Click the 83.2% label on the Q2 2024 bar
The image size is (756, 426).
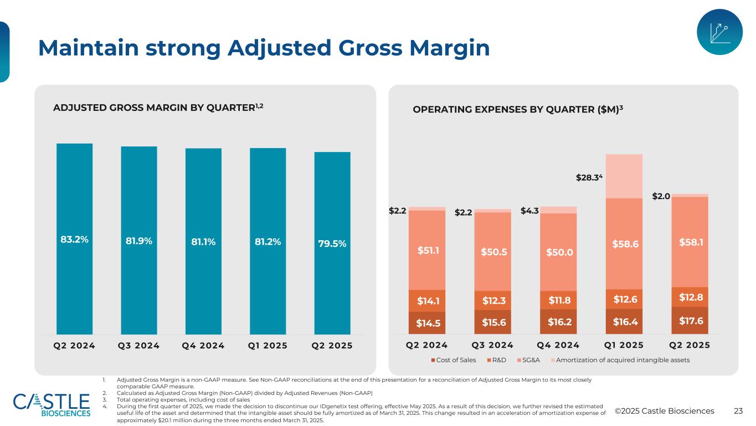(74, 240)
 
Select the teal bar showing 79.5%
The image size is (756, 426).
(332, 266)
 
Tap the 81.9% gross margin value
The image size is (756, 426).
(138, 241)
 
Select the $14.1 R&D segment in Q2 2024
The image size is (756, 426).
(427, 302)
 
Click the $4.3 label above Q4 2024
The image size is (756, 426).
(529, 211)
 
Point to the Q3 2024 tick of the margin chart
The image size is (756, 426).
(138, 345)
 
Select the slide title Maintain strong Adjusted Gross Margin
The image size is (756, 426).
(264, 48)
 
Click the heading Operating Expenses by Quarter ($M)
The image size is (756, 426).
(518, 109)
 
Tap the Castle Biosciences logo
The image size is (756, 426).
(52, 405)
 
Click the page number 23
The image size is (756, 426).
(738, 411)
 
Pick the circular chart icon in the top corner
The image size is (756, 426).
(719, 32)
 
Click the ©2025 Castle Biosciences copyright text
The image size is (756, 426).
(665, 411)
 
